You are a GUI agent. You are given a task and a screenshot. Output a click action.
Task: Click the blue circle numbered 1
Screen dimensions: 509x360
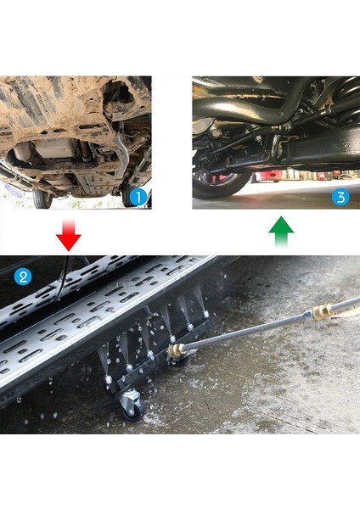click(x=139, y=197)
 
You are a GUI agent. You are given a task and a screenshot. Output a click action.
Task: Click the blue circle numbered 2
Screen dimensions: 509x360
click(x=23, y=276)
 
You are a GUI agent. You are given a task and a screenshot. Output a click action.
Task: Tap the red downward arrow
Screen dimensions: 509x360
click(x=68, y=234)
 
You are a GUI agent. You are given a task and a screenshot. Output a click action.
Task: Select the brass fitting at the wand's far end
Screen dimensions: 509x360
click(x=322, y=311)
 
